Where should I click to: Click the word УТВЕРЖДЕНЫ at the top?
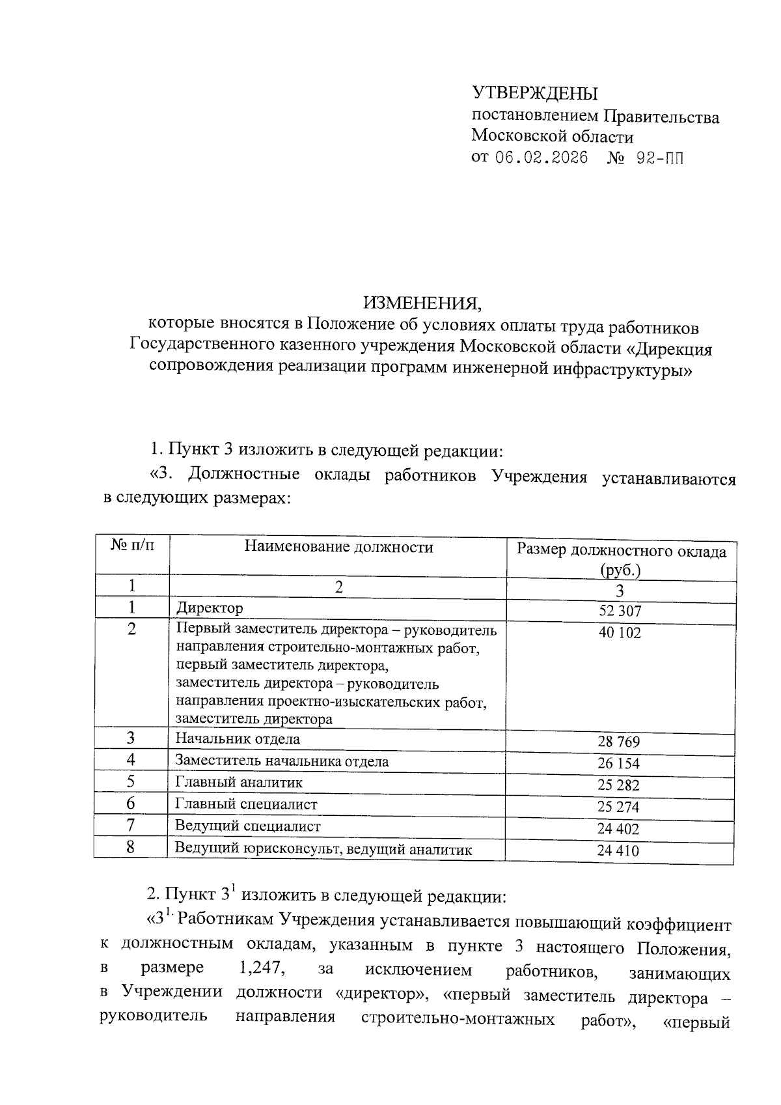[x=534, y=94]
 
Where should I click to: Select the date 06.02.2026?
[x=541, y=158]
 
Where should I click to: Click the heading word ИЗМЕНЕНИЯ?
[x=424, y=303]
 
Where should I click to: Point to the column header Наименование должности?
[x=338, y=547]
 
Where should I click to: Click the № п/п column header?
[x=132, y=544]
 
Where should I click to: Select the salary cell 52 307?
[x=620, y=611]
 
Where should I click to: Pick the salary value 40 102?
[x=620, y=632]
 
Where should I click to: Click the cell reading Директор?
[x=210, y=608]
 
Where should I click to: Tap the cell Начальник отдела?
[x=238, y=739]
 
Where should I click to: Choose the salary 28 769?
[x=619, y=742]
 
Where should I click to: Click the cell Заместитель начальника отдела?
[x=282, y=761]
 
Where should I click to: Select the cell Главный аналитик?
[x=239, y=783]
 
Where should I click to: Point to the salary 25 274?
[x=619, y=807]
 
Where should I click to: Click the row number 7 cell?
[x=131, y=826]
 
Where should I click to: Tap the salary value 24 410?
[x=619, y=851]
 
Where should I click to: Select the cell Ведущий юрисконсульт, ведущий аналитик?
[x=323, y=849]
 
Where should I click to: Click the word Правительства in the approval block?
[x=661, y=118]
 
